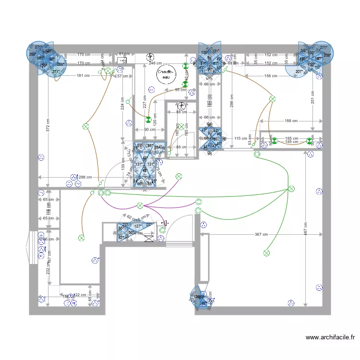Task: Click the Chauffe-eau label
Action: click(166, 74)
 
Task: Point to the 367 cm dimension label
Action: click(261, 234)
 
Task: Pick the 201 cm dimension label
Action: click(312, 98)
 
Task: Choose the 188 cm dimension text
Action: click(291, 121)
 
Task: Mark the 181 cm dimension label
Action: click(83, 75)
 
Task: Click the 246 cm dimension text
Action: click(155, 63)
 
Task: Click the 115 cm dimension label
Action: click(240, 139)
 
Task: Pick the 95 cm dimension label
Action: click(180, 90)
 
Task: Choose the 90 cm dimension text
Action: click(149, 130)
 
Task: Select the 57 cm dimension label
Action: click(122, 76)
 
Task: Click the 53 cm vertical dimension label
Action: click(250, 140)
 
